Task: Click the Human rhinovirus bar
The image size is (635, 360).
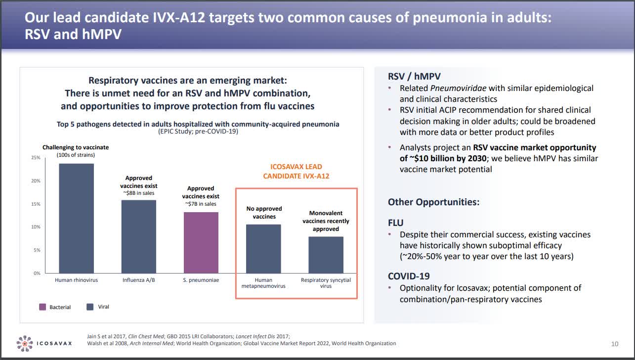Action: [76, 218]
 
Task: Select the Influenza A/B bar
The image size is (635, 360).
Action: [139, 236]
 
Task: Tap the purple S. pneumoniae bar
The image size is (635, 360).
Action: [201, 242]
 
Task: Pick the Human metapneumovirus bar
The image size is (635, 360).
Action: [263, 249]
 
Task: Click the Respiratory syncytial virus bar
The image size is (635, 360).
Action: [326, 255]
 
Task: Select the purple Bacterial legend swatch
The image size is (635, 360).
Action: [42, 307]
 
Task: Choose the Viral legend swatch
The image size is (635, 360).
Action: [90, 307]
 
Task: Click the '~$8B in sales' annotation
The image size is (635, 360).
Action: [139, 193]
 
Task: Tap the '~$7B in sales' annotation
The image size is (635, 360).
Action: [201, 204]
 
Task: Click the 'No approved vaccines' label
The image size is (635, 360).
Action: [264, 213]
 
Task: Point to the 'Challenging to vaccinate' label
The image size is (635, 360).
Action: [76, 147]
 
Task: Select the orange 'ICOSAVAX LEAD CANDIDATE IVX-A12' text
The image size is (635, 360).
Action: [296, 171]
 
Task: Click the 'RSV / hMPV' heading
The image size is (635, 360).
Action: [414, 77]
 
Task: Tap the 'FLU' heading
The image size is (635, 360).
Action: [395, 223]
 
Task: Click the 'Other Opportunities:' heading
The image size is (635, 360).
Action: [433, 202]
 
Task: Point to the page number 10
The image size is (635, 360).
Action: [615, 344]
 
